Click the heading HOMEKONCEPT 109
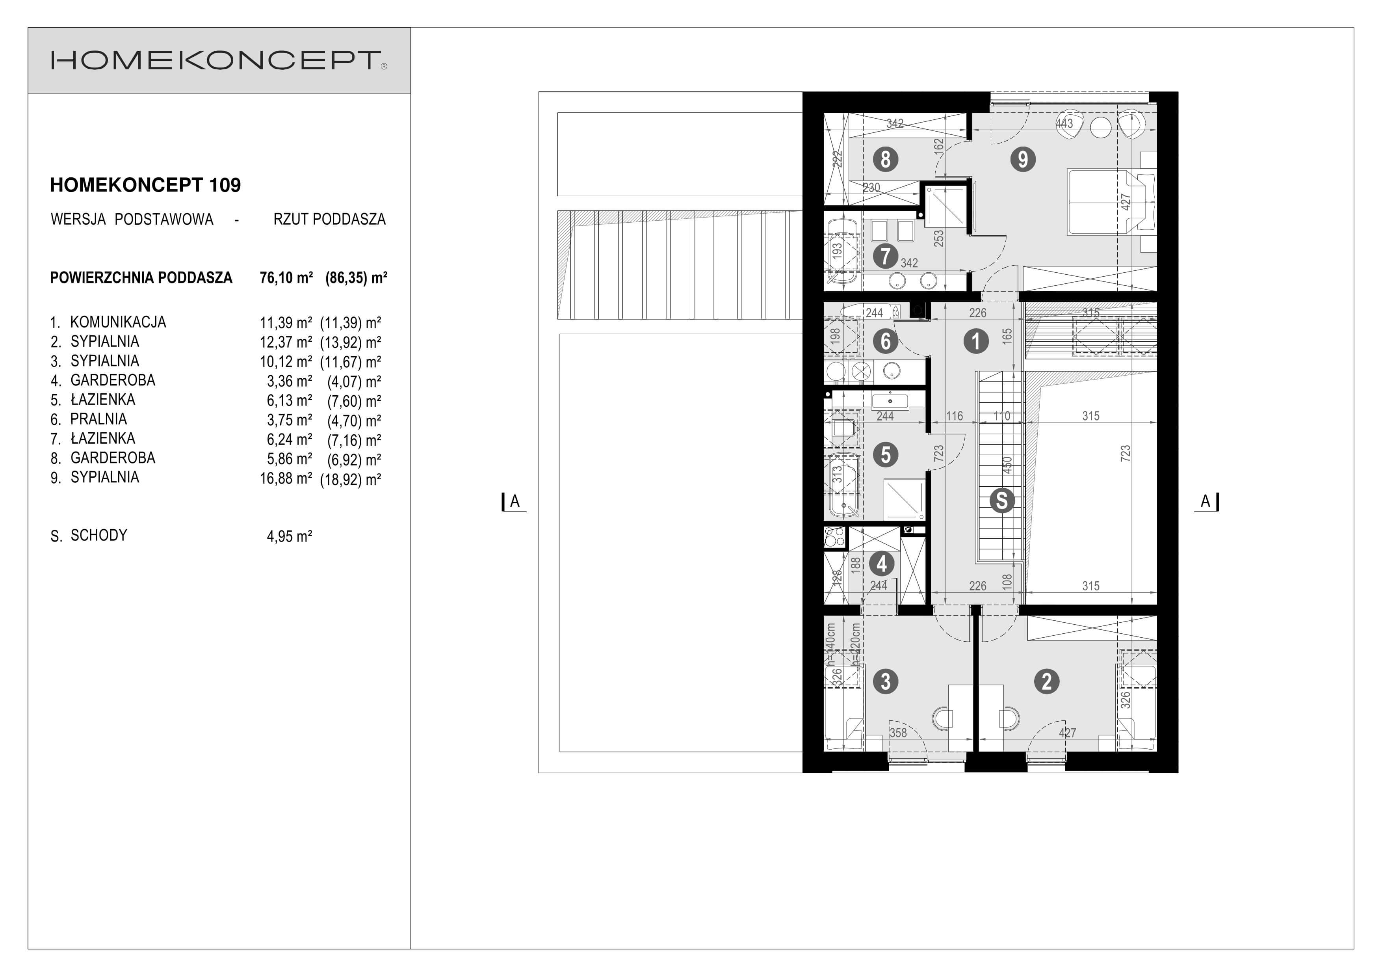(145, 185)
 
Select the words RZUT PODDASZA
(329, 219)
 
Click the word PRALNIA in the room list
(99, 419)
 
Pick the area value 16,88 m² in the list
(286, 478)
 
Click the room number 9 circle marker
(1023, 160)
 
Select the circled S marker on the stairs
(1001, 500)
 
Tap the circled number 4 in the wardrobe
(882, 564)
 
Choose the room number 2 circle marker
(1047, 681)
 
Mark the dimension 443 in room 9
(1064, 123)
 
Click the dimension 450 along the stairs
(1007, 465)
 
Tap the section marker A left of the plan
(515, 501)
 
